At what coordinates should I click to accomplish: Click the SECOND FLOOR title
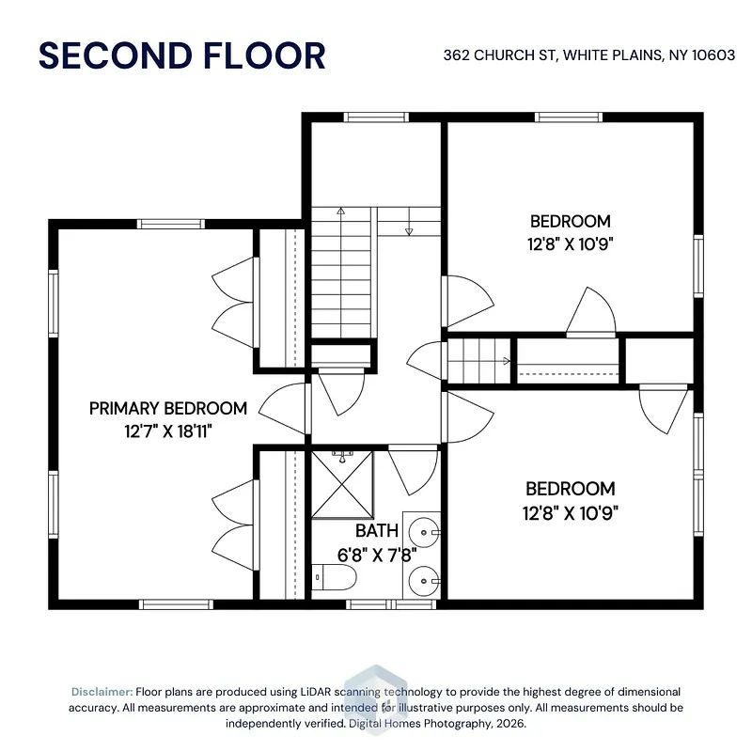[182, 55]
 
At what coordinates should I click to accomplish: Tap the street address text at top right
[589, 55]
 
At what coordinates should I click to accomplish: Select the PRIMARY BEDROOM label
[168, 409]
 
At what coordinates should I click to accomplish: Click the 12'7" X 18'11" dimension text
[168, 431]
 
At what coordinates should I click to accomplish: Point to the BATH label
[377, 531]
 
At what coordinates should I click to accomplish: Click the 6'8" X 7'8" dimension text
[377, 556]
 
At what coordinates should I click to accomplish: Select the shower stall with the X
[342, 484]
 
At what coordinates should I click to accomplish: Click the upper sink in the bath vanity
[424, 532]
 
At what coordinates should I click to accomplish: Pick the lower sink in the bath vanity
[424, 581]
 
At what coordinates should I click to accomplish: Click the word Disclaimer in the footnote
[102, 692]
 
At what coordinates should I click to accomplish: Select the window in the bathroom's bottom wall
[391, 604]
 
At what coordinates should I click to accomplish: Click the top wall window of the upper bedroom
[569, 117]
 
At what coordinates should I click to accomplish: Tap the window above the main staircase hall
[376, 117]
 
